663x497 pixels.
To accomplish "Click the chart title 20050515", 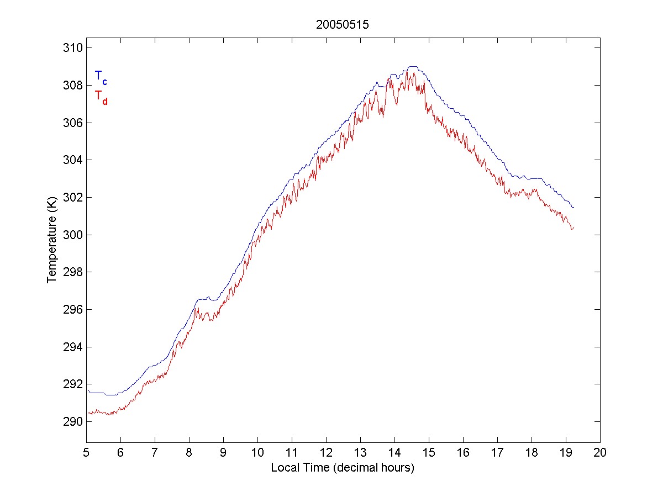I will click(342, 24).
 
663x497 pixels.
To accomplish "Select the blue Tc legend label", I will click(101, 77).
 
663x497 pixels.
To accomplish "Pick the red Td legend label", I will click(101, 96).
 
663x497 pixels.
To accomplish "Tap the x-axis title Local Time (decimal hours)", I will click(343, 468).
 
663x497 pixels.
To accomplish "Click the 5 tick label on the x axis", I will click(86, 453).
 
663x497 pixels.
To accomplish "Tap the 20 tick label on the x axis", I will click(600, 453).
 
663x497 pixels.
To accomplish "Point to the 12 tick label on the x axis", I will click(326, 453).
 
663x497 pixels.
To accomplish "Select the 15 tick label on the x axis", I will click(429, 453).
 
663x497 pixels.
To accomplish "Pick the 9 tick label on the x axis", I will click(223, 453).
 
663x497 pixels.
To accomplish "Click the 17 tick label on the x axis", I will click(497, 453).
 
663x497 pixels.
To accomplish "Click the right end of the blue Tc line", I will click(574, 207).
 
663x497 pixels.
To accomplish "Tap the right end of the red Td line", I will click(574, 227).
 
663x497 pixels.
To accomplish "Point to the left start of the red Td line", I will click(87, 413).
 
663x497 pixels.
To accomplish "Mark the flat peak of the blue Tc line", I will click(413, 67).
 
